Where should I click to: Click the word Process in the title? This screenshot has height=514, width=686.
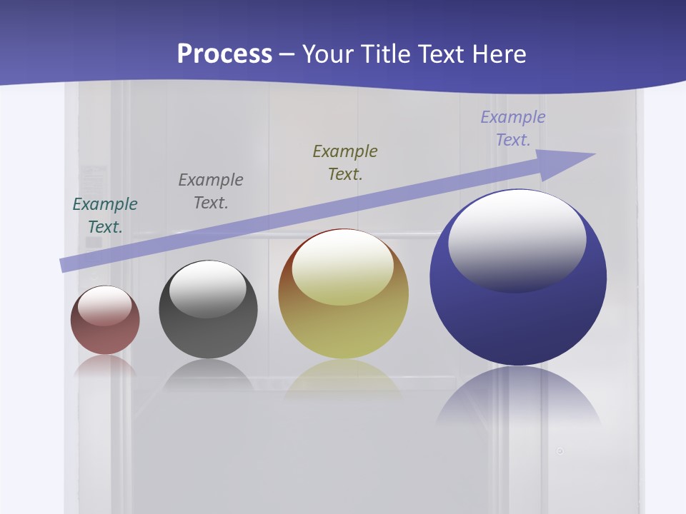(x=224, y=54)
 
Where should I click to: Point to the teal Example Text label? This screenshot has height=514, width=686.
(x=105, y=215)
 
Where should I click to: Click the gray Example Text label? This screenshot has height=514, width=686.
(x=211, y=191)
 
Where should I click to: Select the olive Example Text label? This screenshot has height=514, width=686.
(x=345, y=162)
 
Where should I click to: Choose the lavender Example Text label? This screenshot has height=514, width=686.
(x=513, y=128)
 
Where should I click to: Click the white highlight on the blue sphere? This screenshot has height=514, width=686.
(x=517, y=239)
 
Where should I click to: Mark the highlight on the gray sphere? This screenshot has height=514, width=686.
(x=208, y=288)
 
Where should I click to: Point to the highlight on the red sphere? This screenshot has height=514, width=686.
(x=105, y=306)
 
